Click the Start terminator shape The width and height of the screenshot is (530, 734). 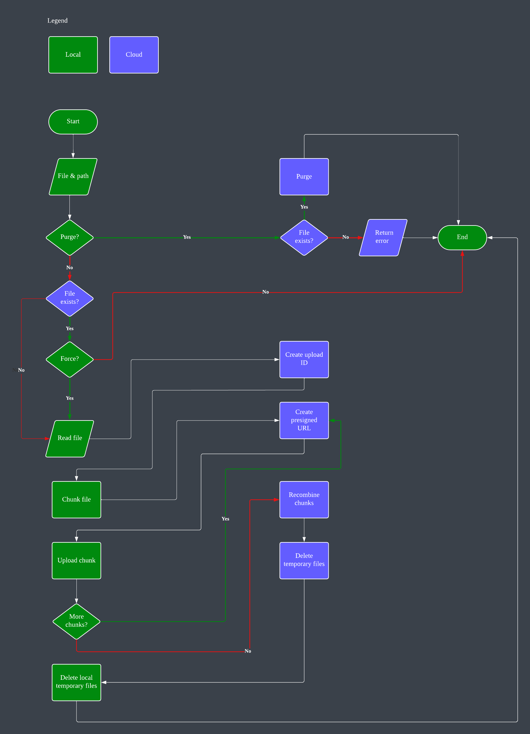(73, 122)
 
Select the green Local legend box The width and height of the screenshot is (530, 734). (73, 55)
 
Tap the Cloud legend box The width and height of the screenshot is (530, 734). (134, 55)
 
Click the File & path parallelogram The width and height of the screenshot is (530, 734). (73, 176)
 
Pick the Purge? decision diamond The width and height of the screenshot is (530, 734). (69, 237)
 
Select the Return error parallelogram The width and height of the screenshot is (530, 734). (383, 237)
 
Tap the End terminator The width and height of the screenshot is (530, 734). (462, 237)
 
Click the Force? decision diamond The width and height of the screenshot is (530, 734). (69, 359)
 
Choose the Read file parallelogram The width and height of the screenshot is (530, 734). (69, 438)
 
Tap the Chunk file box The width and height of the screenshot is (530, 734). (76, 499)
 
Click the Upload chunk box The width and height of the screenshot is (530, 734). (76, 560)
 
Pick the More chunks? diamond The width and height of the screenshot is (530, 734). (76, 621)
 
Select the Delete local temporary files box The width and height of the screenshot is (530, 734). (76, 682)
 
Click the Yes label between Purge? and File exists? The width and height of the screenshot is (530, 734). (187, 237)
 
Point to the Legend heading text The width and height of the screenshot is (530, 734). (57, 21)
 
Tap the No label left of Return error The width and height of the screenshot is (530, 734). (345, 237)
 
